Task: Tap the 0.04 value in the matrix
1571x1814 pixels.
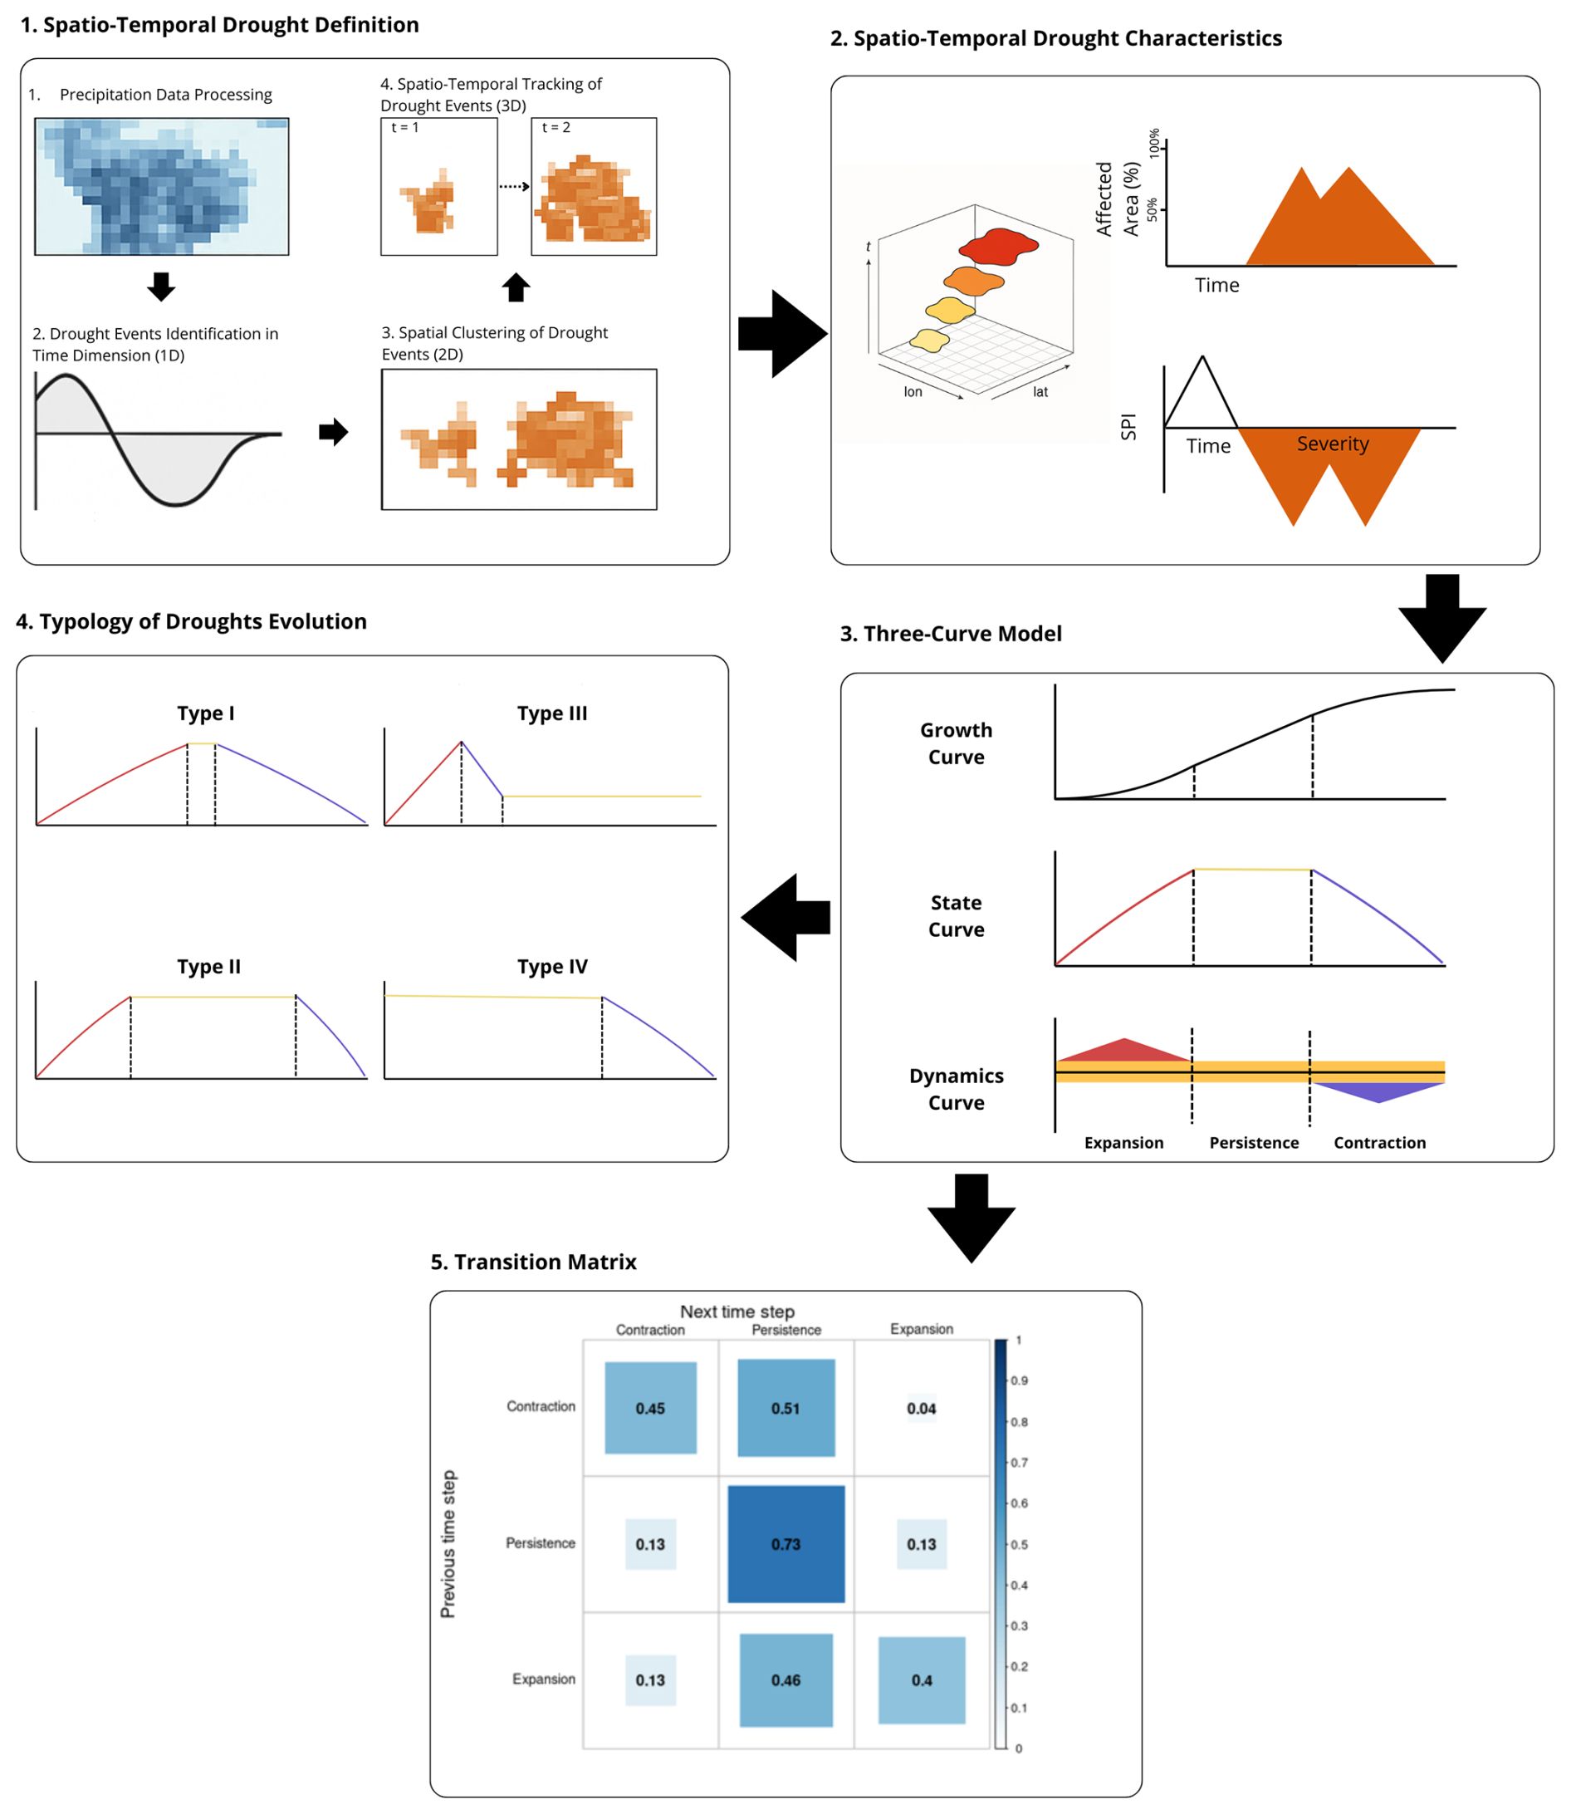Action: pos(921,1408)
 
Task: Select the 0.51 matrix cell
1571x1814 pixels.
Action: pos(785,1408)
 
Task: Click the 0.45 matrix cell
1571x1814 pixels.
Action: pos(650,1408)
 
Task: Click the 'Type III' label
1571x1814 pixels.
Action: pos(551,713)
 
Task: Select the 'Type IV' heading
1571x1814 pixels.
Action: pos(551,966)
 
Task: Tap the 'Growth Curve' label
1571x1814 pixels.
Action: pos(956,743)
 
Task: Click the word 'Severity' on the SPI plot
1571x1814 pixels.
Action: pos(1333,444)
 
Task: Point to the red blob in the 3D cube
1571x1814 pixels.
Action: pos(999,245)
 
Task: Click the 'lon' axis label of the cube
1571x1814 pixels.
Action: pos(913,392)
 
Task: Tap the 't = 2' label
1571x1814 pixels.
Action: pos(555,128)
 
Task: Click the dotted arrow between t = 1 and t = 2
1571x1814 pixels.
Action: pos(514,186)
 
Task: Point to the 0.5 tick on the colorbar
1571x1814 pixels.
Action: pos(1019,1544)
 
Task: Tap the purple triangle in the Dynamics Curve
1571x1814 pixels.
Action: pos(1378,1091)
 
